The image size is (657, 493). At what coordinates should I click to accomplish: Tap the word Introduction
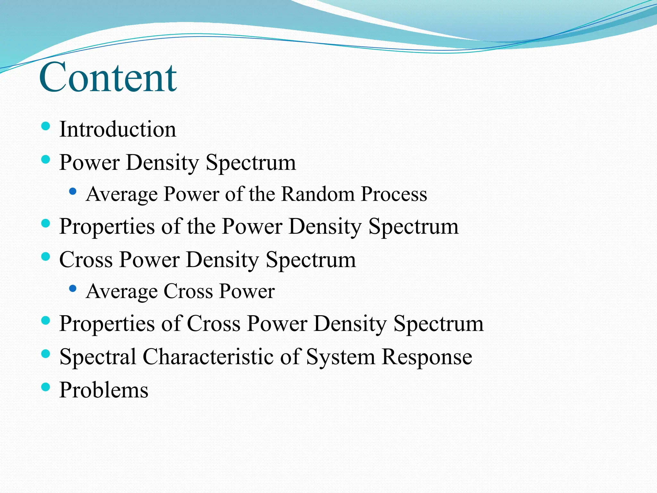117,129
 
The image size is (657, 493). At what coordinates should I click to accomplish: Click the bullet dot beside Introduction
46,126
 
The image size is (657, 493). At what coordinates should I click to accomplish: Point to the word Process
394,195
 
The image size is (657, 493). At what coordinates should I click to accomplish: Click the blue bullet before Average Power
73,192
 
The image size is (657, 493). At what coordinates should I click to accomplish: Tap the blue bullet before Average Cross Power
73,289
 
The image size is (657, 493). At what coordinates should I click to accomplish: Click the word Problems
104,390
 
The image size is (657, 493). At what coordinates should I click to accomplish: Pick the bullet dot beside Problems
46,387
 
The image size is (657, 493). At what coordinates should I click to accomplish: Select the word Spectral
98,357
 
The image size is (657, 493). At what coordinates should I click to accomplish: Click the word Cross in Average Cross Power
188,291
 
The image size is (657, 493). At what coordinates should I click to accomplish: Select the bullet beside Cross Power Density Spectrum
46,256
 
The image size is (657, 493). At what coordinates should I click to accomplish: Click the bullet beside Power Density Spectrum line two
46,159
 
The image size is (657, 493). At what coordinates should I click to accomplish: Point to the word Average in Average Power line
122,195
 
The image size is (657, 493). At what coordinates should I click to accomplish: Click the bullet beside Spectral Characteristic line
46,354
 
